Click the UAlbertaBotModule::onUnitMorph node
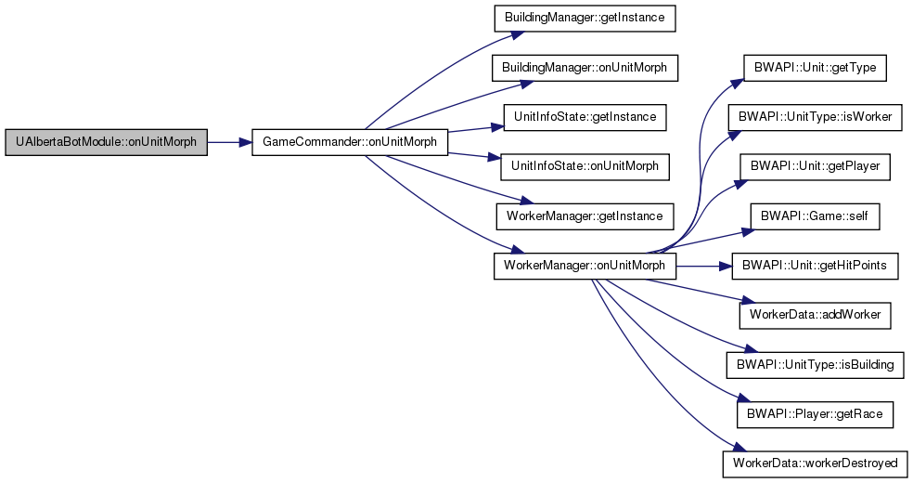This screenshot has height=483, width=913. [106, 143]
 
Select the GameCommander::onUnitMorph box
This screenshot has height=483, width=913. [351, 143]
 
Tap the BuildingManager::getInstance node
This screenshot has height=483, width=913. [584, 19]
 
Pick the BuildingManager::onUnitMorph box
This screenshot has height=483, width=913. [584, 68]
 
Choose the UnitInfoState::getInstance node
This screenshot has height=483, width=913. [584, 117]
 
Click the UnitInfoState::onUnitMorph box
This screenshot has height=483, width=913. [584, 166]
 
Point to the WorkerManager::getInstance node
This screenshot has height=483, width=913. [584, 215]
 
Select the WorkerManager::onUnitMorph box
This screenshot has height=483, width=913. [584, 265]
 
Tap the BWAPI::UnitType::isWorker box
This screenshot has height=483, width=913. [816, 117]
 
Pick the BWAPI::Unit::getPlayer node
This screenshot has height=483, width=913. [816, 166]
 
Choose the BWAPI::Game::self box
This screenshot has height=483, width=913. [816, 215]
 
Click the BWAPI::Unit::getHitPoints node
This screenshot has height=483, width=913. [816, 265]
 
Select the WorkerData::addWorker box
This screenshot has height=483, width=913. [816, 314]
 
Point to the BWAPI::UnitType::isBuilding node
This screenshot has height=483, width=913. [816, 363]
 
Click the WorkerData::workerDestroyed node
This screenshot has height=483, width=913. [816, 462]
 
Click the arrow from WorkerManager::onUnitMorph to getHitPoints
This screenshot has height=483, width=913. [704, 265]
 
